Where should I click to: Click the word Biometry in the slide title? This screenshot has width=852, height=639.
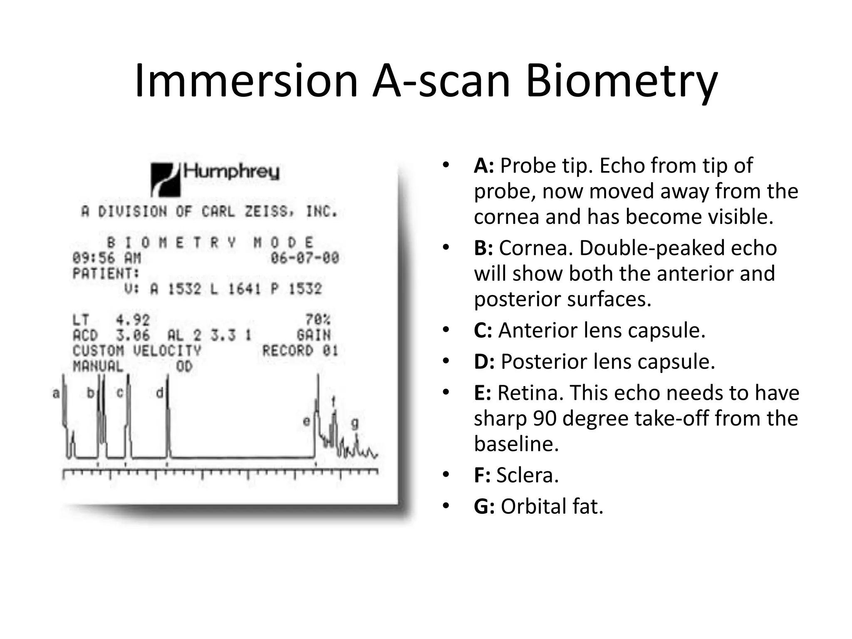pyautogui.click(x=622, y=81)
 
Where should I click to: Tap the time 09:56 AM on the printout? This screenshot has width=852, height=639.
pyautogui.click(x=106, y=258)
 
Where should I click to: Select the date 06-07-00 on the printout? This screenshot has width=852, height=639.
pyautogui.click(x=305, y=258)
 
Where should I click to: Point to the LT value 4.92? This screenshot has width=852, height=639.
pyautogui.click(x=133, y=320)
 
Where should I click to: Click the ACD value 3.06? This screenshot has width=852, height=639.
pyautogui.click(x=133, y=335)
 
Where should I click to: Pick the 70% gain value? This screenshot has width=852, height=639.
pyautogui.click(x=318, y=319)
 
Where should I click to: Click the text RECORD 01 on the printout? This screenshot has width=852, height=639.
pyautogui.click(x=300, y=351)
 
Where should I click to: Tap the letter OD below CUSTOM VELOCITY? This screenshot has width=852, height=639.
pyautogui.click(x=184, y=367)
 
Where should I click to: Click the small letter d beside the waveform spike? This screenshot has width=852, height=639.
pyautogui.click(x=159, y=393)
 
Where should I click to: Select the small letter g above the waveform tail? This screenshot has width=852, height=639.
pyautogui.click(x=354, y=424)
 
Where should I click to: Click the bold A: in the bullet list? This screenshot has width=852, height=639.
pyautogui.click(x=484, y=166)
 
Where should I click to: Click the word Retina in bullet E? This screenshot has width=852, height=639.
pyautogui.click(x=529, y=393)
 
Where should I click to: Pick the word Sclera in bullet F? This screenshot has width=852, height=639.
pyautogui.click(x=527, y=476)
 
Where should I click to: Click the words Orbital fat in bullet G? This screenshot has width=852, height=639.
pyautogui.click(x=552, y=507)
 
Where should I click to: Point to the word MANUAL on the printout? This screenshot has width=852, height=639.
pyautogui.click(x=98, y=367)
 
